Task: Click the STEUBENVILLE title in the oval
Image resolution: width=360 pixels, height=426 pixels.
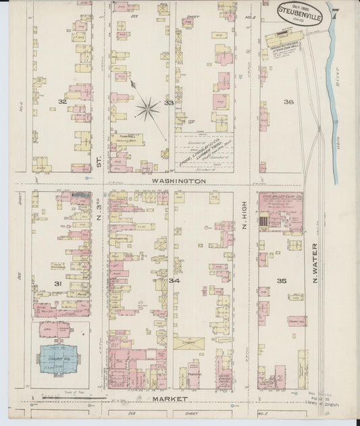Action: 299,11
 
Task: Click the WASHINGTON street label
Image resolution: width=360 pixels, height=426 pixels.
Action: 178,182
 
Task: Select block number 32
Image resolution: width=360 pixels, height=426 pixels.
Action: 62,101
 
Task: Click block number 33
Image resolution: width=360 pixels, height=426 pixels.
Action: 168,103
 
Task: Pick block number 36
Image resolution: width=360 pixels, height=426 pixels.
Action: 288,102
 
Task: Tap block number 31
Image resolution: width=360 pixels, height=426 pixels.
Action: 58,284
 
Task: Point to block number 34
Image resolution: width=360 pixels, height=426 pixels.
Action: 175,279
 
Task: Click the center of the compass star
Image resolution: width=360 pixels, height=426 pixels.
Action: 147,107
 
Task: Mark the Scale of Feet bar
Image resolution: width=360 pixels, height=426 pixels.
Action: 65,398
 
